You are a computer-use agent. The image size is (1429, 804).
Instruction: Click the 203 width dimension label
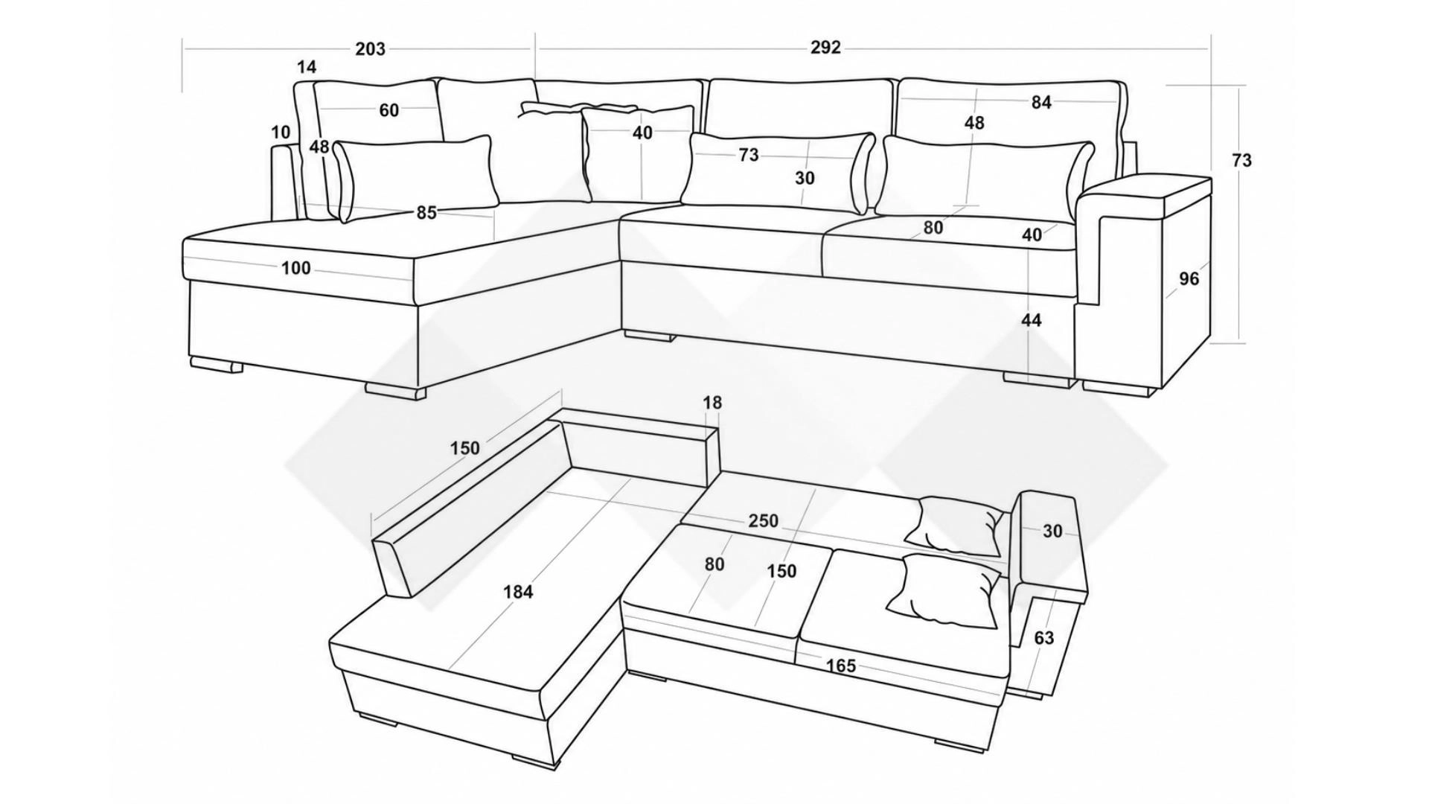370,49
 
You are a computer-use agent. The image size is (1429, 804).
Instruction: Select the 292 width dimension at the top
825,48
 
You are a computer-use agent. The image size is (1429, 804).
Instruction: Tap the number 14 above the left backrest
307,67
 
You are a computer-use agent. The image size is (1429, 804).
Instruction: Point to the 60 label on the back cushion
389,110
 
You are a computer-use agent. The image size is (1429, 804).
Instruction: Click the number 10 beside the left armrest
281,133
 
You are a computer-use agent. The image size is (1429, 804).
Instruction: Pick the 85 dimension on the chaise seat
426,213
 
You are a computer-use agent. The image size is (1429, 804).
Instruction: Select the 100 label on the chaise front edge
295,268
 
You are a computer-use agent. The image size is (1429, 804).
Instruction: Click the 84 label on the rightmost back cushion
1041,103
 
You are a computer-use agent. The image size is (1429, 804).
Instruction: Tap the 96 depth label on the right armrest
1189,278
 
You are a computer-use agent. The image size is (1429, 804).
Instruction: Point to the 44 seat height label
1032,320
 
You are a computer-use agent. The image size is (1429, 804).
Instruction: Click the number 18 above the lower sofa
712,403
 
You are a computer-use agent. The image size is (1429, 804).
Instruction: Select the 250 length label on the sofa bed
764,521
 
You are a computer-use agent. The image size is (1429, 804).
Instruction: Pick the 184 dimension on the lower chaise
518,592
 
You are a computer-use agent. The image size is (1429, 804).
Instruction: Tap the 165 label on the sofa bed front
841,666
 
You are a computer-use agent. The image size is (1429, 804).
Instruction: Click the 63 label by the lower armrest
1044,638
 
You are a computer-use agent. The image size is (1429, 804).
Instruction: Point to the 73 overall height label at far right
1242,160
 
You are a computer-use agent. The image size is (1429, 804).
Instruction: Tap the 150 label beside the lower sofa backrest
465,448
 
